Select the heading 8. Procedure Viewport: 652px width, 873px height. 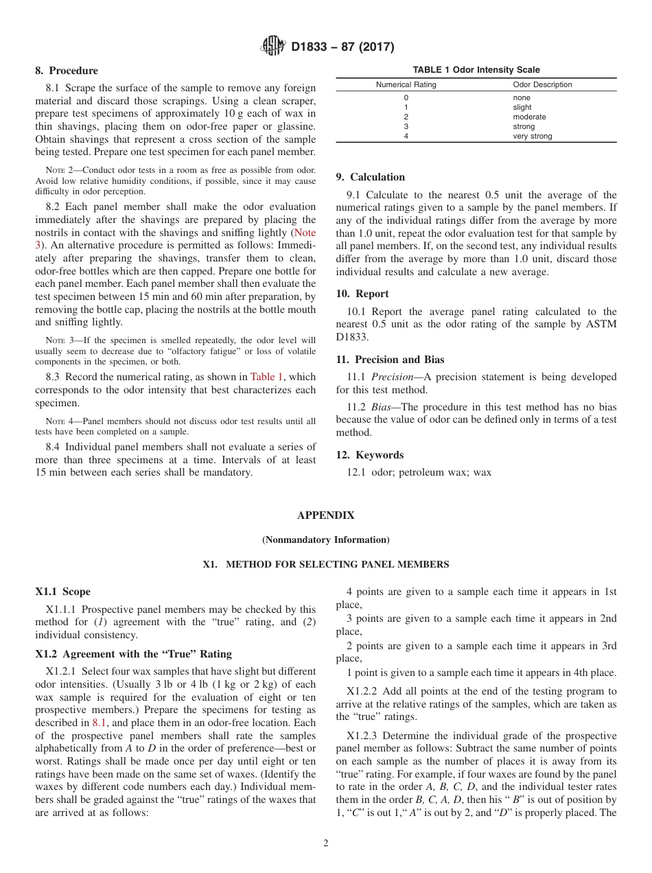click(67, 71)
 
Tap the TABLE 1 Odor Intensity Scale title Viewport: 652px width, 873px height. click(476, 70)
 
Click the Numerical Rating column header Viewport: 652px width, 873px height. click(406, 85)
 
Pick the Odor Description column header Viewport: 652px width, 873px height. click(542, 85)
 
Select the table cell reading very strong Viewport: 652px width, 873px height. click(532, 136)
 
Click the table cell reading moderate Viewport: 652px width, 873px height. click(529, 117)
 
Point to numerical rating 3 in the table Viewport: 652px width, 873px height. click(406, 126)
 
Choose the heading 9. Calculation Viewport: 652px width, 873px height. click(370, 177)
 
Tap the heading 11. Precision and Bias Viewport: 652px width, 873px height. click(390, 360)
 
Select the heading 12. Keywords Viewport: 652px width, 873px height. click(369, 455)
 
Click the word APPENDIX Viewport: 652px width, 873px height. click(325, 515)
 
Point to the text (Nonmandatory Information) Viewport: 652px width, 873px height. click(325, 540)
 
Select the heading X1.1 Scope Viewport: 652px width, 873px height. click(62, 592)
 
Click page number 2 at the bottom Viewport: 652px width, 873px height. click(325, 843)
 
